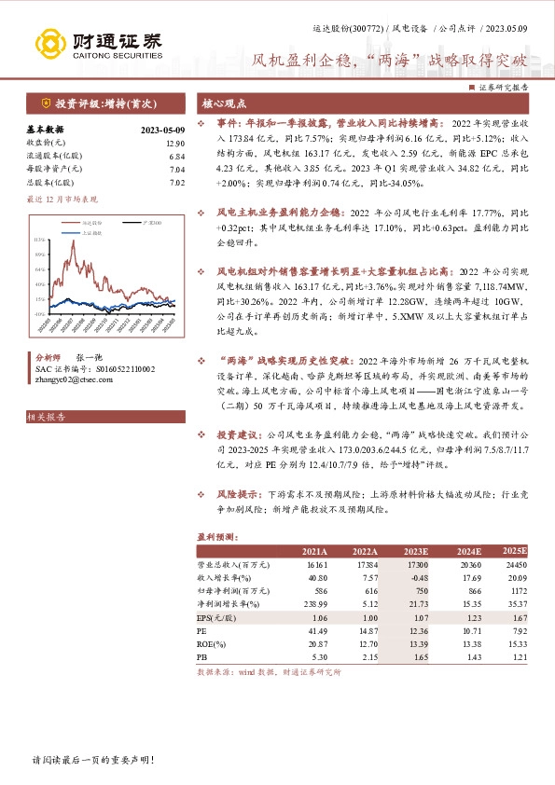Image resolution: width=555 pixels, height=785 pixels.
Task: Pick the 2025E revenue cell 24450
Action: [515, 565]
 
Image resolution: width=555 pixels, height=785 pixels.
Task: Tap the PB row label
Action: [201, 657]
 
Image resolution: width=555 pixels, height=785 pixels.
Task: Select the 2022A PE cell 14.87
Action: [367, 631]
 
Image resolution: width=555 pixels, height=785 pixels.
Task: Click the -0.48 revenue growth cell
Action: [419, 578]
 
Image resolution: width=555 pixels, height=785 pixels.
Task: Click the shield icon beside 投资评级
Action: [44, 103]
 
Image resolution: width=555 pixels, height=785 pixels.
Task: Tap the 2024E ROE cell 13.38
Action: [467, 644]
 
